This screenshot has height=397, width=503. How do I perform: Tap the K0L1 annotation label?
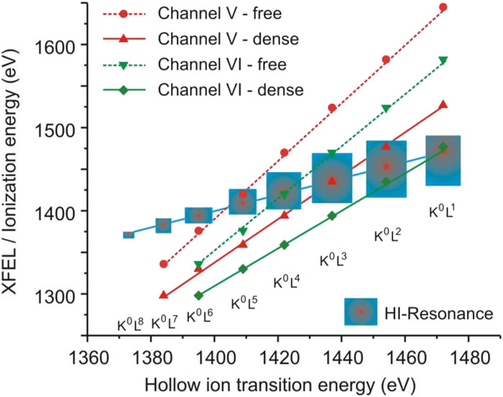coord(443,211)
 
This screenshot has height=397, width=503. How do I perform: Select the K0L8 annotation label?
coord(131,324)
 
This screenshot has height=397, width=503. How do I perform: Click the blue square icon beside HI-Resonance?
coord(361,312)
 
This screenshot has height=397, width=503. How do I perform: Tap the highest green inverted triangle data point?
coord(443,60)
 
